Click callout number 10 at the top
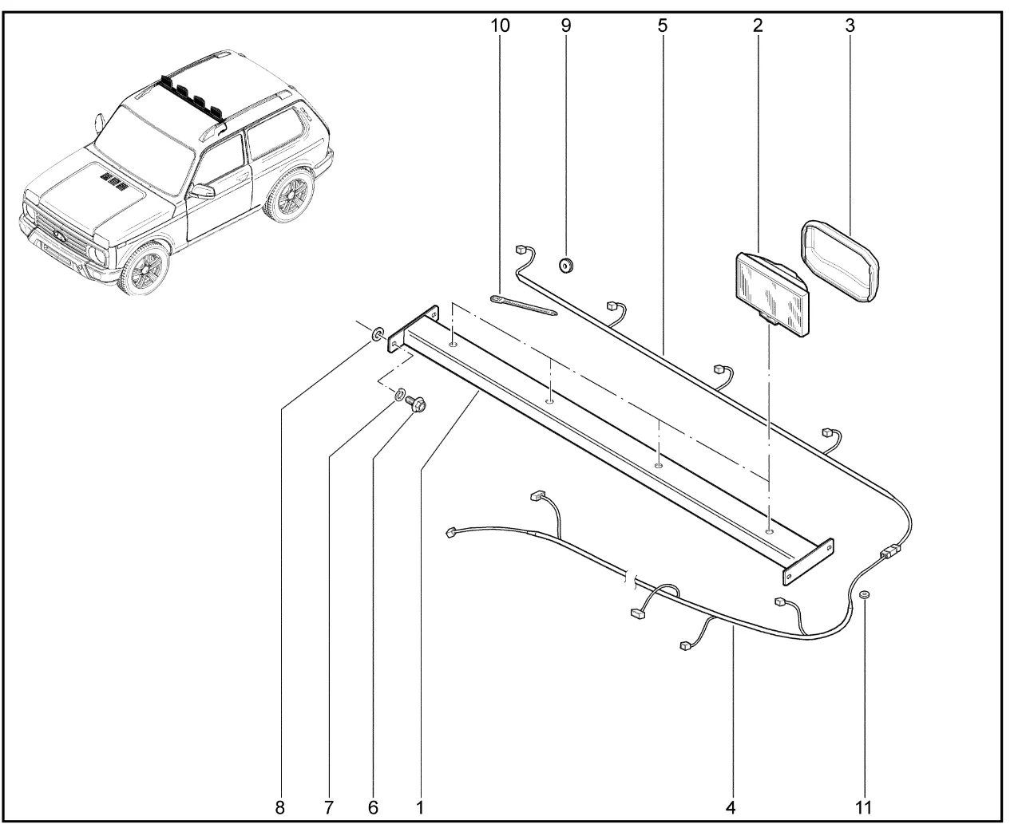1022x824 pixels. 500,26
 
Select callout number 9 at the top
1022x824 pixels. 566,26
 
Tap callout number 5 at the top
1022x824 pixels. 663,26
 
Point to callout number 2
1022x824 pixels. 758,26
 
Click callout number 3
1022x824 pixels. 850,26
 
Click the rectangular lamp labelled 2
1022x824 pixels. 771,293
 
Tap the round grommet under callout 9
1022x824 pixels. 567,265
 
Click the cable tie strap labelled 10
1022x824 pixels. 524,306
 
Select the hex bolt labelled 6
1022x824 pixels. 416,404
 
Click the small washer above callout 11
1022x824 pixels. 865,594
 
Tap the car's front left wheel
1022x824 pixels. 145,269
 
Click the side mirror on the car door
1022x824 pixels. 202,191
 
